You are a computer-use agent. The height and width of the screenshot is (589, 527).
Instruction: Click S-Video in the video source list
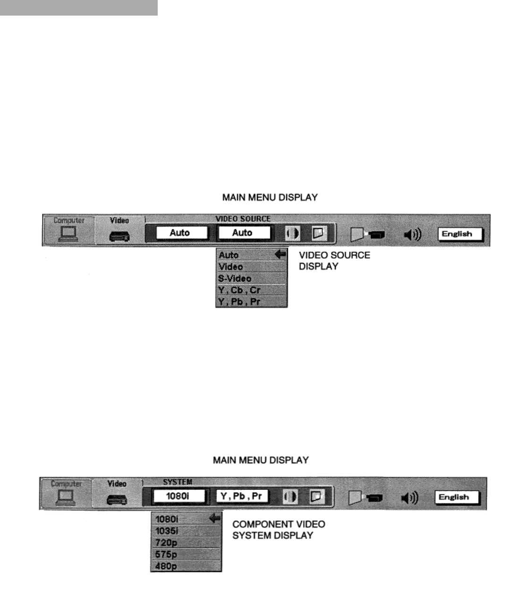[235, 278]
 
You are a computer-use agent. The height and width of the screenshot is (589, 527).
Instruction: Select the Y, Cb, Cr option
[239, 290]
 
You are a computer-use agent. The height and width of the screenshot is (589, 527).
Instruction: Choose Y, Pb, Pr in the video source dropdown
[239, 302]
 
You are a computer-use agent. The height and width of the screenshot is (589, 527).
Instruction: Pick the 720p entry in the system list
[166, 543]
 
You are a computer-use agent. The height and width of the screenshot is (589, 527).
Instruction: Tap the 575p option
[166, 554]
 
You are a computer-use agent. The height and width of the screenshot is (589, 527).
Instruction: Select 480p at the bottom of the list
[166, 565]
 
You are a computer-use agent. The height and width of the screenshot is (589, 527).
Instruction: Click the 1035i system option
[167, 531]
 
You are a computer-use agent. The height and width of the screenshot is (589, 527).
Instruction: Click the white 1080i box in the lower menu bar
[178, 496]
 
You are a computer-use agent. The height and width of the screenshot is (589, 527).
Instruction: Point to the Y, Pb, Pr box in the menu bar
[242, 496]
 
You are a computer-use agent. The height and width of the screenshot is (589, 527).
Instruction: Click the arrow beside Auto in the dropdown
[280, 255]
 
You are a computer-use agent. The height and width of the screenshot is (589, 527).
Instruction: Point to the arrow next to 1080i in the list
[215, 519]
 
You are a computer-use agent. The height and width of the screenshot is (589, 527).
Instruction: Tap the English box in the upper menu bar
[457, 234]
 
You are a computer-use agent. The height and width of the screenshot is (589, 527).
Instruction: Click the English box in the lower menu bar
[454, 497]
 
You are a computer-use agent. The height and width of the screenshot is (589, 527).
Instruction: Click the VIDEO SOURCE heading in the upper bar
[243, 219]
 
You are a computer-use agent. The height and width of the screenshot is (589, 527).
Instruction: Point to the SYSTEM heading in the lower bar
[178, 482]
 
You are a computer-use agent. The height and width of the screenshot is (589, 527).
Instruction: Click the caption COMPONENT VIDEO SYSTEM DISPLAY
[279, 530]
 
